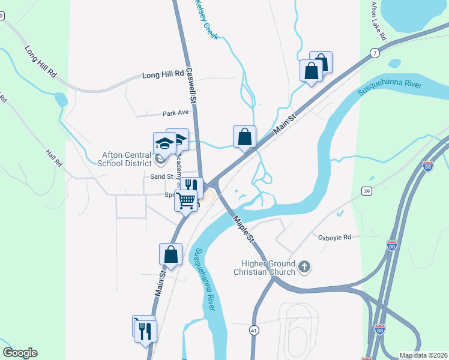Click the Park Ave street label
pyautogui.click(x=176, y=113)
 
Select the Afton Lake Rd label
pyautogui.click(x=379, y=22)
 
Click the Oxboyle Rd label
pyautogui.click(x=334, y=238)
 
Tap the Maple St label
pyautogui.click(x=244, y=229)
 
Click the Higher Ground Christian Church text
pyautogui.click(x=268, y=268)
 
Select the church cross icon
pyautogui.click(x=304, y=267)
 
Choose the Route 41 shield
pyautogui.click(x=255, y=330)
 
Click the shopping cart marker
pyautogui.click(x=186, y=200)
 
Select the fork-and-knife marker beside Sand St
pyautogui.click(x=192, y=184)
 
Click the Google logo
pyautogui.click(x=20, y=353)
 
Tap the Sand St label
pyautogui.click(x=161, y=177)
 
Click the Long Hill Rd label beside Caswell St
pyautogui.click(x=162, y=75)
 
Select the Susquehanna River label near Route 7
pyautogui.click(x=390, y=88)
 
